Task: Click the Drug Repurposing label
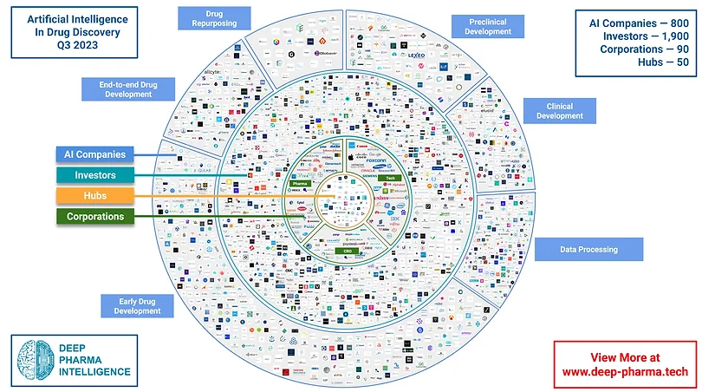pyautogui.click(x=214, y=18)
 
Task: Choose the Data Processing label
pyautogui.click(x=588, y=250)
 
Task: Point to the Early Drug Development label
pyautogui.click(x=138, y=305)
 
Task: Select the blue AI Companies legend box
pyautogui.click(x=94, y=154)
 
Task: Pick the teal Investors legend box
pyautogui.click(x=94, y=175)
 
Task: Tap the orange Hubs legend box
pyautogui.click(x=94, y=196)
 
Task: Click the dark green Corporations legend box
pyautogui.click(x=94, y=217)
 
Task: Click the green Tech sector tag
pyautogui.click(x=404, y=178)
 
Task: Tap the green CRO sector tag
pyautogui.click(x=348, y=251)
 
